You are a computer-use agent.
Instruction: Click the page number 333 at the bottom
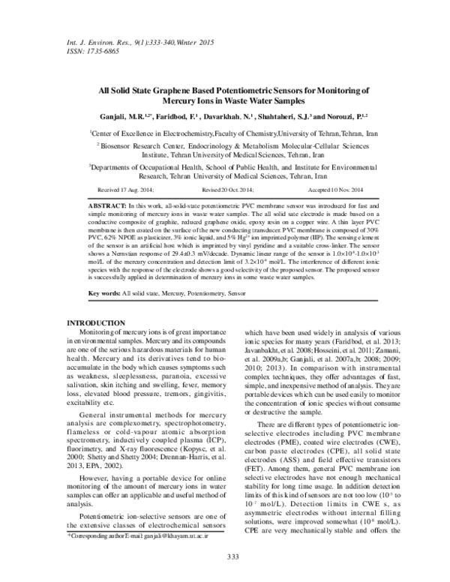(x=224, y=555)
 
